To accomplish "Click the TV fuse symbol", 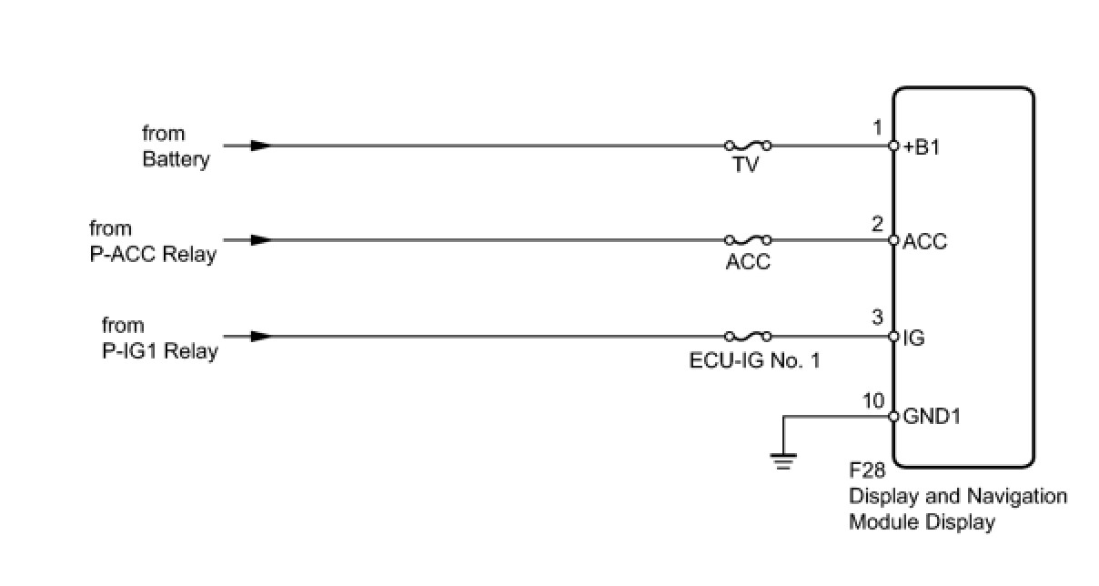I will [x=748, y=145].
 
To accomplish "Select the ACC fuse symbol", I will [x=748, y=240].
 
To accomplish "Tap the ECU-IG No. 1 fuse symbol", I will [x=748, y=336].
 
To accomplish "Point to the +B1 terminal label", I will [x=922, y=147].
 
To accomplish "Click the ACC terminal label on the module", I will [x=925, y=242].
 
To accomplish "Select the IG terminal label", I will [x=913, y=338].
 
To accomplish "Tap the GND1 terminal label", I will [x=932, y=417].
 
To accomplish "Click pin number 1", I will [x=877, y=128].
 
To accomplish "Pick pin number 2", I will [x=877, y=223].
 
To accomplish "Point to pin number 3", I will [x=877, y=318].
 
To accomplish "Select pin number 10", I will [x=872, y=399].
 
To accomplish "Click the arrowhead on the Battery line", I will [x=260, y=145].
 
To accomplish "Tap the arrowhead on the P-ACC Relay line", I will [x=260, y=240].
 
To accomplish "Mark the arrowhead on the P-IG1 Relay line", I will [x=260, y=336].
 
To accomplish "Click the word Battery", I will [x=176, y=159].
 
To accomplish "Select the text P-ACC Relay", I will [x=152, y=255].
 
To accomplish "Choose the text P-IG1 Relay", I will [x=158, y=351].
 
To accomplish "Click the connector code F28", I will [x=867, y=471].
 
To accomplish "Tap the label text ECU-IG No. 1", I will [x=754, y=360].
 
